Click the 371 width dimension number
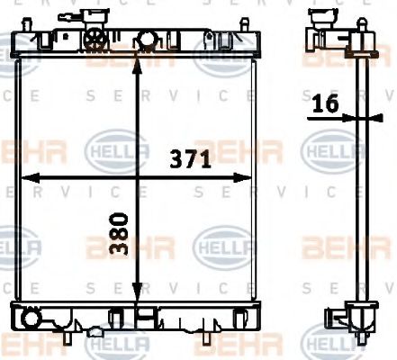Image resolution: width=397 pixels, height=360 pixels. pyautogui.click(x=191, y=161)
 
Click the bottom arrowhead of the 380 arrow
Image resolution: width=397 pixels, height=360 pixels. pyautogui.click(x=136, y=302)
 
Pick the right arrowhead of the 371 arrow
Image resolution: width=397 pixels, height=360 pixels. pyautogui.click(x=251, y=175)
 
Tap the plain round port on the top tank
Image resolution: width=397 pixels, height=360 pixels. pyautogui.click(x=143, y=41)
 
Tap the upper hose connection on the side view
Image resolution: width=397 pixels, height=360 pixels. pyautogui.click(x=322, y=18)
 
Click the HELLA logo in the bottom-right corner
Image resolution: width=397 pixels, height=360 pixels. pyautogui.click(x=329, y=341)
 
